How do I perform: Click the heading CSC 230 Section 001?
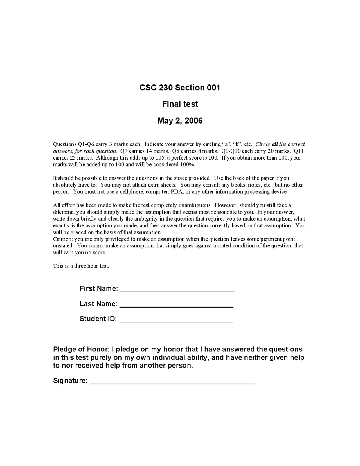pos(180,88)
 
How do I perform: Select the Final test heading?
pos(180,104)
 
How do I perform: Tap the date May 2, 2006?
pos(180,121)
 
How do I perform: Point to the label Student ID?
pos(98,319)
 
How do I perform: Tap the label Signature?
pos(70,381)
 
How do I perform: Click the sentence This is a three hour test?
pos(81,266)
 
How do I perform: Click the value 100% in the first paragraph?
pos(187,165)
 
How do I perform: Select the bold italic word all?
pos(275,144)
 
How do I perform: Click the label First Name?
pos(99,289)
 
